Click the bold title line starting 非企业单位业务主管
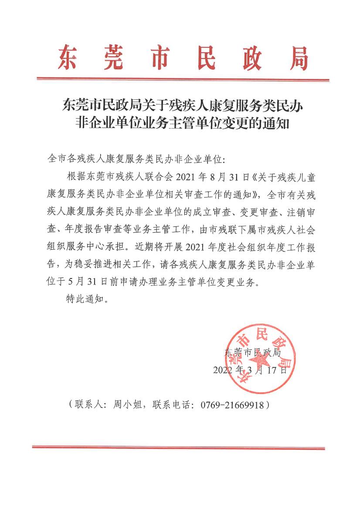(183, 125)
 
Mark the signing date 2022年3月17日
(250, 370)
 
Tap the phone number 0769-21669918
(232, 405)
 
